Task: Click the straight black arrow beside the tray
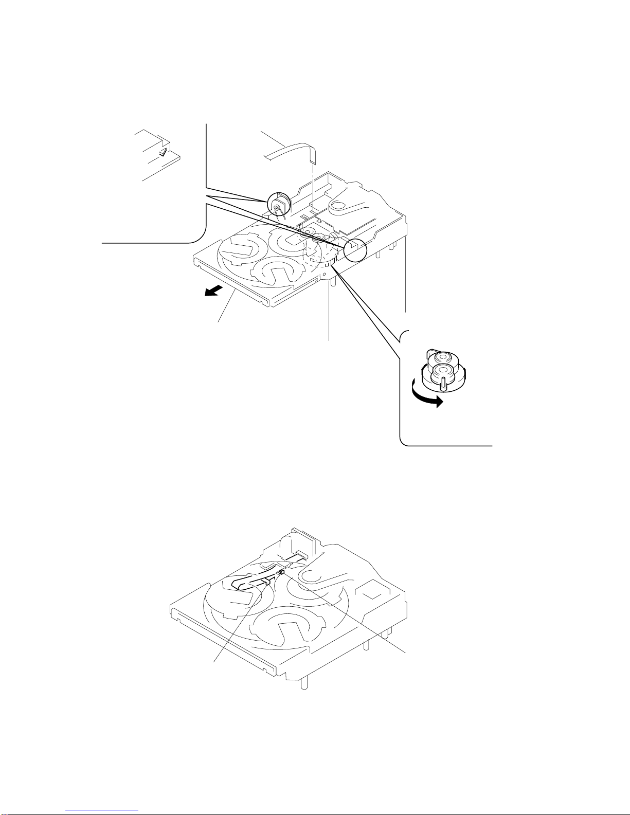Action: click(211, 292)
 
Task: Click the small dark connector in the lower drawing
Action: click(282, 572)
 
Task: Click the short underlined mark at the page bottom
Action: click(103, 810)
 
